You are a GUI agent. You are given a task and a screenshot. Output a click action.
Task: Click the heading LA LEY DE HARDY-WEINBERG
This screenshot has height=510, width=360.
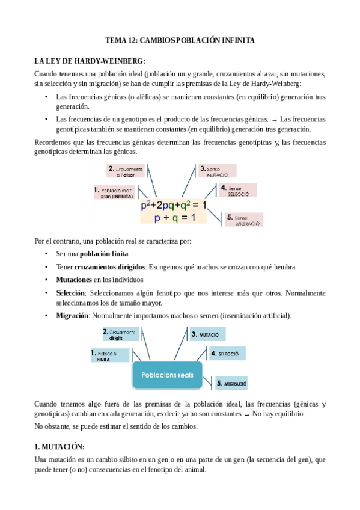tap(90, 61)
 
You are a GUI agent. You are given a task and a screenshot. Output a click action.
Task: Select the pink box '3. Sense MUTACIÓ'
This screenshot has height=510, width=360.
tap(217, 170)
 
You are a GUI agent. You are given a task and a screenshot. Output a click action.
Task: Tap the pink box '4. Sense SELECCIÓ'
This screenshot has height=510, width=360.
tap(238, 191)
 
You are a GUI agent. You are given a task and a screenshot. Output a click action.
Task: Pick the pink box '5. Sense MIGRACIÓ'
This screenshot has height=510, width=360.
tap(243, 219)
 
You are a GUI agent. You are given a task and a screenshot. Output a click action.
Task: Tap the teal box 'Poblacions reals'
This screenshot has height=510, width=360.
tap(167, 375)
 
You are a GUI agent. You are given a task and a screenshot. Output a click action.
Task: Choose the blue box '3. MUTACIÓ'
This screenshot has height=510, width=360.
tap(207, 334)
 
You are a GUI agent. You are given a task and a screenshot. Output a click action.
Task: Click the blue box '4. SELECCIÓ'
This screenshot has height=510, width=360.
tap(225, 355)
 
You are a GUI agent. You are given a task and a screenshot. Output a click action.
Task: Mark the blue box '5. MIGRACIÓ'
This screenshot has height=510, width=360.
tap(231, 383)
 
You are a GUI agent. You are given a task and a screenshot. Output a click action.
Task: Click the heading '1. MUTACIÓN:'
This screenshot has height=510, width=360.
tap(59, 447)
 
